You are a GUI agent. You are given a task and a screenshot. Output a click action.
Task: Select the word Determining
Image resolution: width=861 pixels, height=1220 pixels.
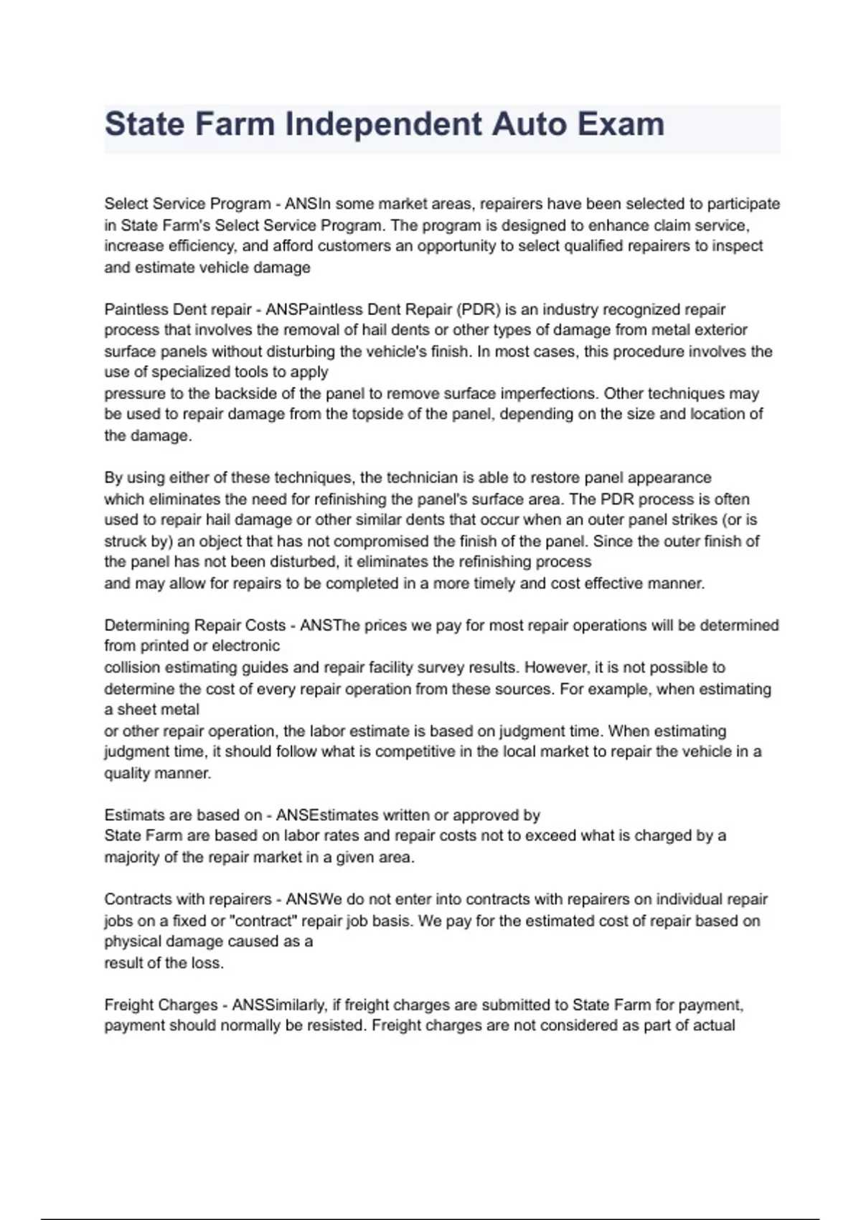[147, 625]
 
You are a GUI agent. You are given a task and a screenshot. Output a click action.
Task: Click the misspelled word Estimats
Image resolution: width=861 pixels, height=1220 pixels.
[132, 815]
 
